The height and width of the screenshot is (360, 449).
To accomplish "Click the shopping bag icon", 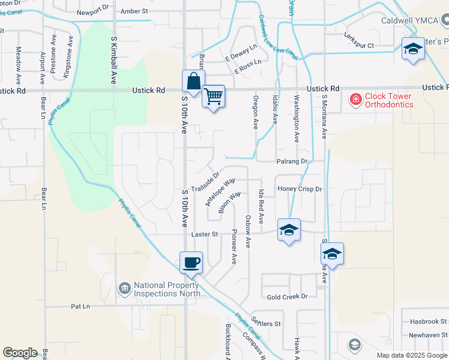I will [x=193, y=81].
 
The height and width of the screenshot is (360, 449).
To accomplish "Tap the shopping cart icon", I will [x=213, y=96].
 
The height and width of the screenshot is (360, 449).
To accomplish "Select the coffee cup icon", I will [x=191, y=262].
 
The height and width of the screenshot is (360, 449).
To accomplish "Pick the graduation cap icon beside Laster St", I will [x=289, y=230].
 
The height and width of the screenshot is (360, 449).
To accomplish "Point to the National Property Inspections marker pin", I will [x=125, y=289].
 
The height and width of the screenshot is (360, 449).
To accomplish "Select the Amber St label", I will [x=134, y=11].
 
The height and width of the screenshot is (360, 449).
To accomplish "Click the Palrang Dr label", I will [x=292, y=161].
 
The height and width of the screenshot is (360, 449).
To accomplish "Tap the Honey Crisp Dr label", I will [x=300, y=189].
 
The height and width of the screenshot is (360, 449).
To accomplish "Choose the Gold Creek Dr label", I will [x=287, y=296].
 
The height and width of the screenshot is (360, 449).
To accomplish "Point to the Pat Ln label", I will [x=80, y=306].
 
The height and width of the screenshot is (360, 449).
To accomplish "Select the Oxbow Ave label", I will [x=247, y=232].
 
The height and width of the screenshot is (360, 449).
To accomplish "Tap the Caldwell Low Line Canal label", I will [x=277, y=37].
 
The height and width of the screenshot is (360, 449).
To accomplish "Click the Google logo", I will [x=20, y=353].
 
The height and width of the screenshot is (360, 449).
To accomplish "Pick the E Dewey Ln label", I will [x=241, y=53].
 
